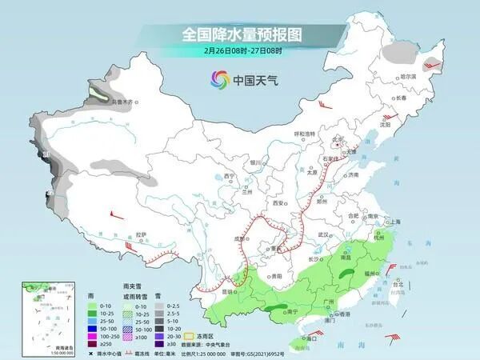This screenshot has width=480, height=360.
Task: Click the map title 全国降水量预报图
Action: [x=240, y=34]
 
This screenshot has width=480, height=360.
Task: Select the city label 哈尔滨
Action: [x=409, y=76]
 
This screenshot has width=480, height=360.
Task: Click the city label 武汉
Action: [x=323, y=234]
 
